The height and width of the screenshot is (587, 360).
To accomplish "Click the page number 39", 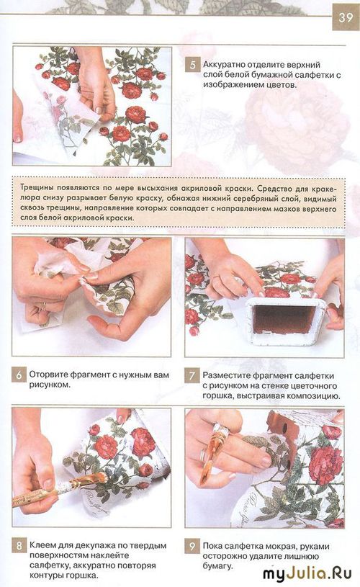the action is [x=346, y=17].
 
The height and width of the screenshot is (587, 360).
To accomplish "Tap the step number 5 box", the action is [x=192, y=65].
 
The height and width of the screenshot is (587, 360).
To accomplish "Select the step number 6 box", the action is [x=19, y=375].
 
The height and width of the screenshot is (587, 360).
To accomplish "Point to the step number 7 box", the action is [x=192, y=375].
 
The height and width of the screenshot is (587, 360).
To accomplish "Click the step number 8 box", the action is [x=19, y=546].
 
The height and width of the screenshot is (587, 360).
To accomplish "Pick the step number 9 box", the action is [x=192, y=547].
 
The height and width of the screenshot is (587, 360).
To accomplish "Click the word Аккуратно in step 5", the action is [x=223, y=65].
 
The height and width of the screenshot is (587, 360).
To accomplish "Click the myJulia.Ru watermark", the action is [x=307, y=573].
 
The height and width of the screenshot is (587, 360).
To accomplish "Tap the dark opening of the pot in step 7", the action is [x=284, y=320].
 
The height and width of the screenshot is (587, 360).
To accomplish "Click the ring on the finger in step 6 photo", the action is [x=44, y=307].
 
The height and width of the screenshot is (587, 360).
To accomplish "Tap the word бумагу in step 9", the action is [x=216, y=566].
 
